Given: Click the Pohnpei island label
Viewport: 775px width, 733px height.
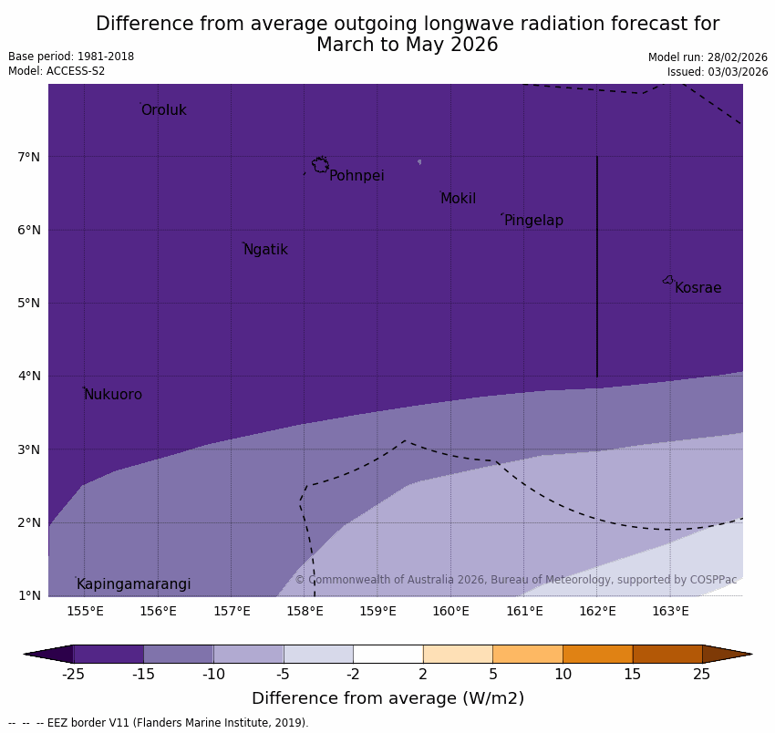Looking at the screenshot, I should pos(356,176).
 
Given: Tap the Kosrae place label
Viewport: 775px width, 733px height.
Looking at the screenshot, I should pos(697,288).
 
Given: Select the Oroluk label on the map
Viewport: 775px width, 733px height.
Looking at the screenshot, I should pos(163,110).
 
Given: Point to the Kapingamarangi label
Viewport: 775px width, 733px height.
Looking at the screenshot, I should pos(133,584).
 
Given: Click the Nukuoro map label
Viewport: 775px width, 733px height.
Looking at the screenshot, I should pos(112,395).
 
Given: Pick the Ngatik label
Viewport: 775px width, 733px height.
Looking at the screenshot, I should pos(265,250).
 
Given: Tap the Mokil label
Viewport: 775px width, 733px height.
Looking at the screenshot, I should pos(458,199).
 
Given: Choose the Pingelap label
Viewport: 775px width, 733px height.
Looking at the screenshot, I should pos(533,221).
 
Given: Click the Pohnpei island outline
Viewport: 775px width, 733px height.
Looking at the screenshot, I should pos(320,165).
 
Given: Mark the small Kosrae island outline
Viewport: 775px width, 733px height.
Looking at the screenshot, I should pos(668,280).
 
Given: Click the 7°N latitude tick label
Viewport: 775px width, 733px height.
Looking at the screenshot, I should pos(28,157).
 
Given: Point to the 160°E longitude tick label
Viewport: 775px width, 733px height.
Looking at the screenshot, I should pos(450,611).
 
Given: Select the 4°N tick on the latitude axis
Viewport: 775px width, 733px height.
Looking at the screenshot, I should pos(28,376).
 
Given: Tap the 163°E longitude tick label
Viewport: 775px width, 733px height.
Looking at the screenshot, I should pos(670,611).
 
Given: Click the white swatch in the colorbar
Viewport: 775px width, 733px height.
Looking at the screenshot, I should pos(387,654).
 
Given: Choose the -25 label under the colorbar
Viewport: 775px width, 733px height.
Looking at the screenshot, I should pos(73,675).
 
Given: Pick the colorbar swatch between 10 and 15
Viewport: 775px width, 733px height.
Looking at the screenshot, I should pos(597,654).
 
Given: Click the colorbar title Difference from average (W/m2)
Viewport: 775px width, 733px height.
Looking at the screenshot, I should pos(387,699).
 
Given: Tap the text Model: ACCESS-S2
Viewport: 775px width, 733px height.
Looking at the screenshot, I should pos(57,71).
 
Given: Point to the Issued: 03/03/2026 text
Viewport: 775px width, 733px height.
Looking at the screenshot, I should pos(717,72).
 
